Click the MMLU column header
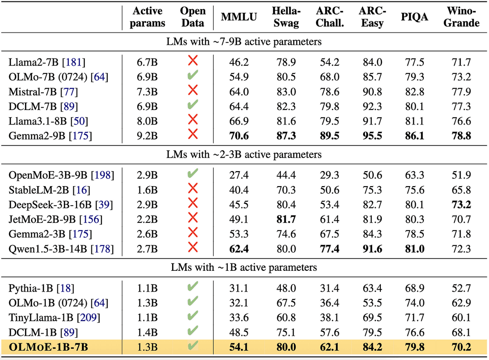click(239, 18)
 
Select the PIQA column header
click(415, 18)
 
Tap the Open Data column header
click(192, 17)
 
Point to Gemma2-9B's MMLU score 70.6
click(239, 135)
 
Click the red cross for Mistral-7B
click(192, 91)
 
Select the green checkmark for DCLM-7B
click(192, 106)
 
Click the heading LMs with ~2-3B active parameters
click(244, 154)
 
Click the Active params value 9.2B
click(147, 135)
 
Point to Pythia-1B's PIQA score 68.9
click(415, 288)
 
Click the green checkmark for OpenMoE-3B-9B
click(192, 174)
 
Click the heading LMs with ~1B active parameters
click(244, 267)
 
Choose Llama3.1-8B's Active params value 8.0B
click(147, 121)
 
